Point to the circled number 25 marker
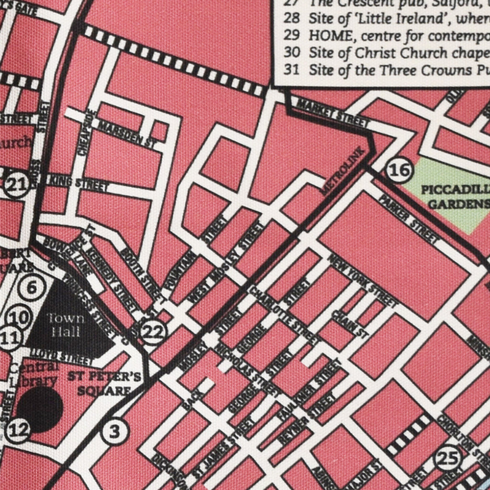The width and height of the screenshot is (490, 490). (x=448, y=458)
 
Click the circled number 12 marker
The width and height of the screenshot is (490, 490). (x=19, y=431)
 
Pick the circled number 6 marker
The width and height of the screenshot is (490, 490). (x=32, y=288)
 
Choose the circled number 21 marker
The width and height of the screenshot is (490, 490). (x=16, y=187)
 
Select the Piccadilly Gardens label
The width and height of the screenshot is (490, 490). (x=455, y=197)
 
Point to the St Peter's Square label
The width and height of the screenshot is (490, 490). (x=104, y=383)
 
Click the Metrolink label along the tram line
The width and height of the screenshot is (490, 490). (x=343, y=171)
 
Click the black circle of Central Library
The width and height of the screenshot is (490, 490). (x=40, y=410)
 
